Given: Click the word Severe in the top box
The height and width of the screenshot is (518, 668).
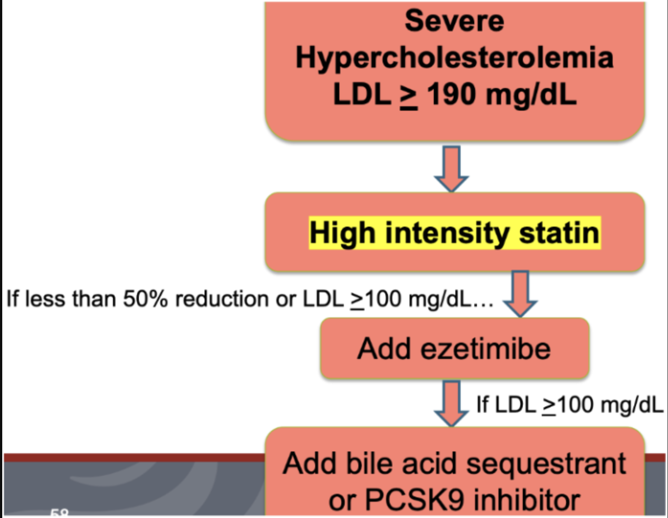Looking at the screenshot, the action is pos(454,21).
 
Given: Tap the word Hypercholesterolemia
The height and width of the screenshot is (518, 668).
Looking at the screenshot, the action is pos(454,58).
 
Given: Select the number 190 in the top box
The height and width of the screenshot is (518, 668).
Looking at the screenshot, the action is pos(451,95).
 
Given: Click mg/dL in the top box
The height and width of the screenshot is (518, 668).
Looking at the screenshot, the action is pos(531,95).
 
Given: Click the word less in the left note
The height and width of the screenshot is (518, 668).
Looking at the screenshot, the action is pos(45,299).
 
